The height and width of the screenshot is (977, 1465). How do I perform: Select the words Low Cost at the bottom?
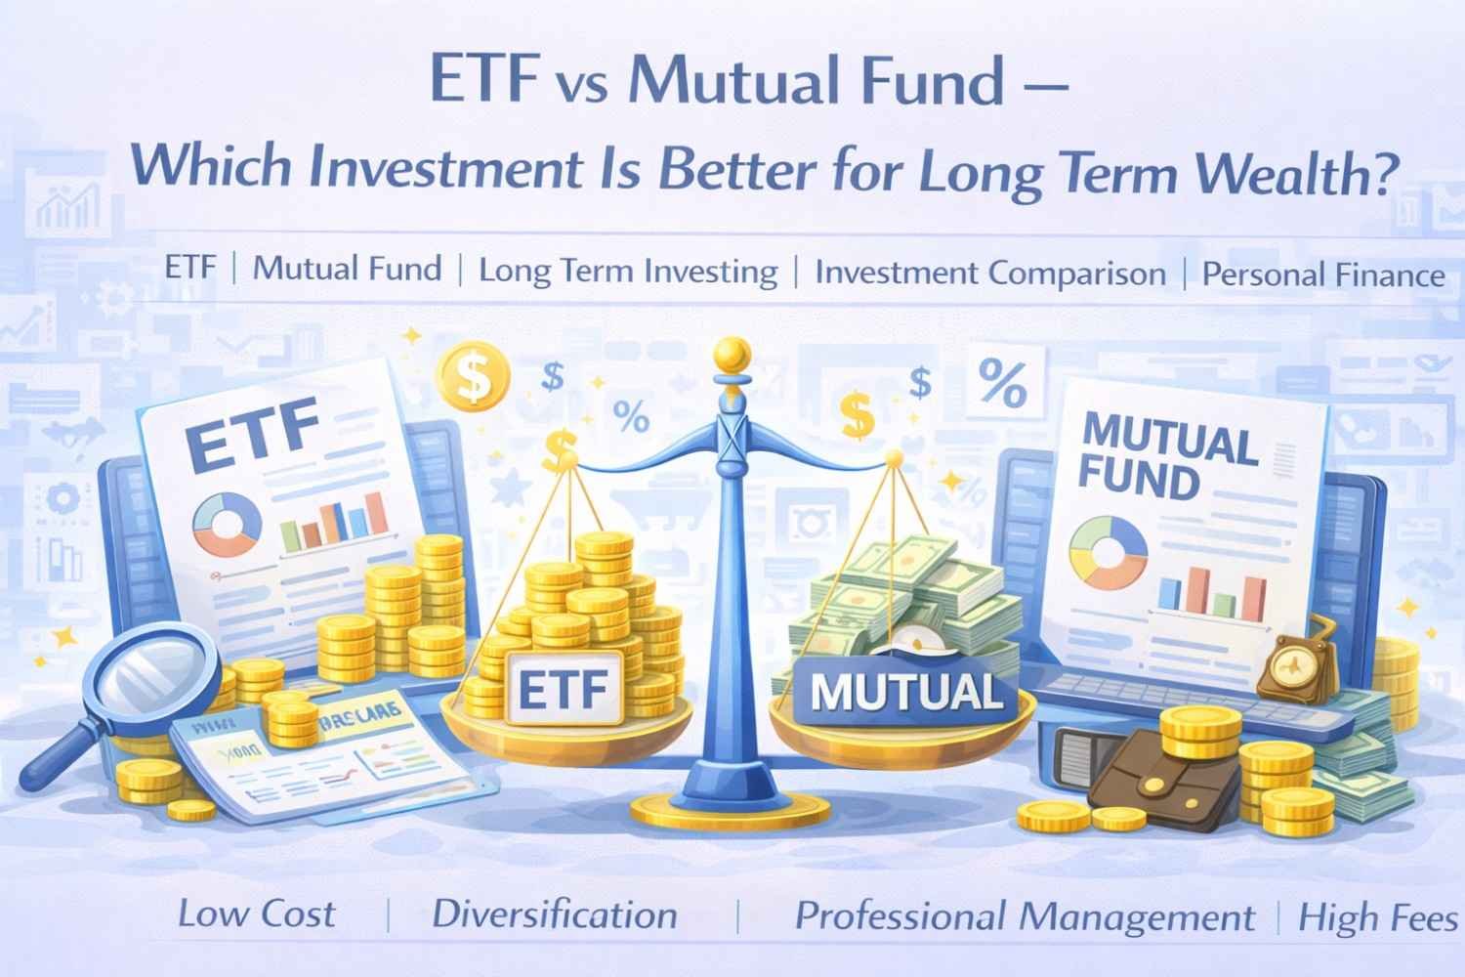click(256, 914)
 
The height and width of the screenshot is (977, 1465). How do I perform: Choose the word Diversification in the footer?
click(554, 915)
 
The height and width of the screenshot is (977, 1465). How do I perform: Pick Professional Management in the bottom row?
click(1025, 917)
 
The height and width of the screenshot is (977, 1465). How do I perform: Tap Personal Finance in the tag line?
click(1322, 275)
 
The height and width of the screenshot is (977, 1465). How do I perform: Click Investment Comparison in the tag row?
click(989, 274)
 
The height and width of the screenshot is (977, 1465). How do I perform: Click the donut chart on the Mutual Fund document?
click(1109, 549)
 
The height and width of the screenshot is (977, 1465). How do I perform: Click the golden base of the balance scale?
click(727, 806)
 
